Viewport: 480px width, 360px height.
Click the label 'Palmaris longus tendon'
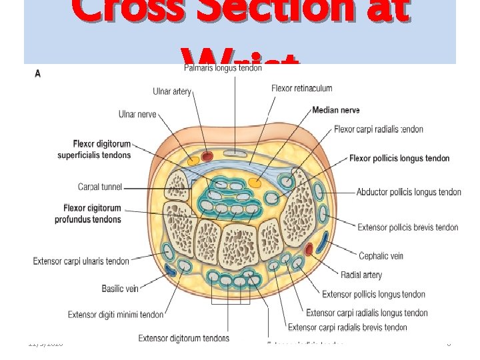click(x=222, y=69)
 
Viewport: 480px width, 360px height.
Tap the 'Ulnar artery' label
click(x=172, y=91)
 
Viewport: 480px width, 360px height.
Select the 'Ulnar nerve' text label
click(x=137, y=115)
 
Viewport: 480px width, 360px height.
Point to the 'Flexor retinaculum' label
click(x=301, y=88)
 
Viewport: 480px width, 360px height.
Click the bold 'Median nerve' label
click(x=336, y=110)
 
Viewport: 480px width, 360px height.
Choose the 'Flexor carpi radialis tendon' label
click(x=378, y=129)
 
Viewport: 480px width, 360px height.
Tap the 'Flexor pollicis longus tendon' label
click(x=399, y=159)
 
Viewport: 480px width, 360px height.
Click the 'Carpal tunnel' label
click(x=100, y=187)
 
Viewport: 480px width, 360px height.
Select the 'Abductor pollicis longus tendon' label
click(x=409, y=192)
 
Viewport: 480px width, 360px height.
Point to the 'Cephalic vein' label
click(x=381, y=256)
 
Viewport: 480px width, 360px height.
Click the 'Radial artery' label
click(x=361, y=275)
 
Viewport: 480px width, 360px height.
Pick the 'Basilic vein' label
click(x=120, y=289)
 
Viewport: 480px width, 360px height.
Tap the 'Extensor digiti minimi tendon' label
click(x=115, y=315)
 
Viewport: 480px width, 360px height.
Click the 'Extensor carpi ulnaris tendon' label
click(x=81, y=261)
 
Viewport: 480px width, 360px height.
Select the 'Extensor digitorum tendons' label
click(x=183, y=339)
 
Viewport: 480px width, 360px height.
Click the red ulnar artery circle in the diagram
click(x=207, y=157)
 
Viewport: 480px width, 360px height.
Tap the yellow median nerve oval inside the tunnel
click(x=254, y=182)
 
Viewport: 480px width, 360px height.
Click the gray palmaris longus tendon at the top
click(x=235, y=153)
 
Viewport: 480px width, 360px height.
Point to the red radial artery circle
click(x=309, y=250)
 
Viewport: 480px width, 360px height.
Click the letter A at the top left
click(x=37, y=73)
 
